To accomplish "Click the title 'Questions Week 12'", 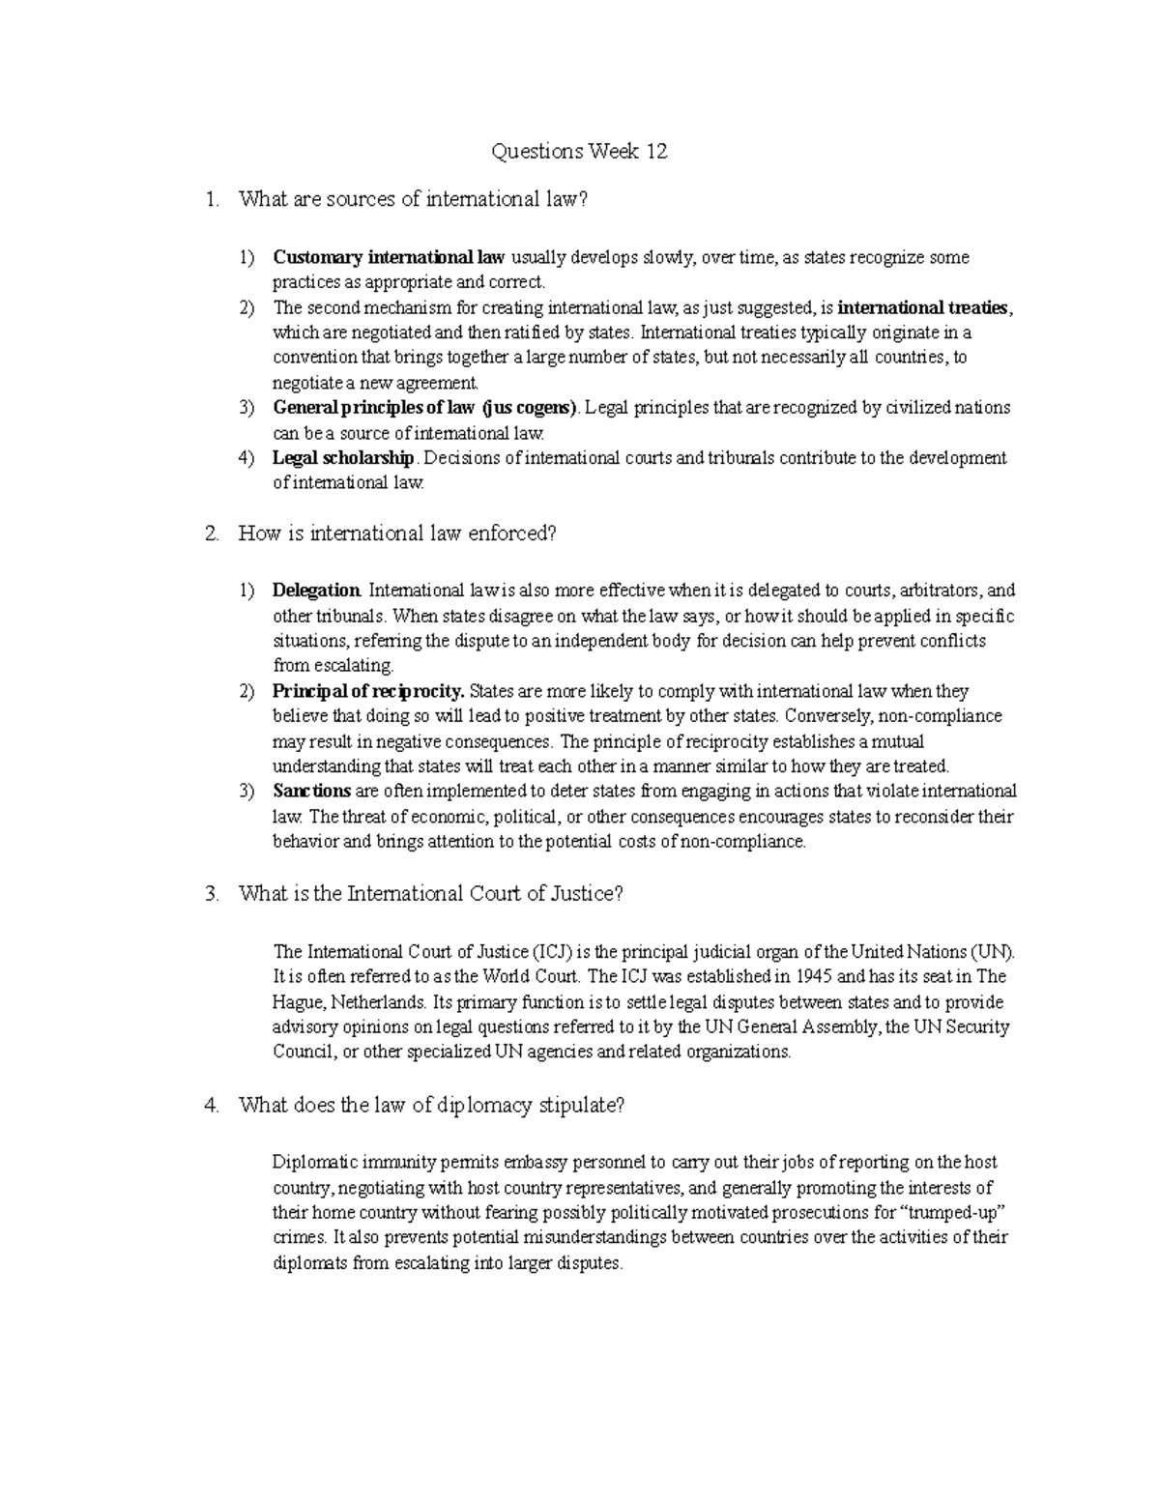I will coord(579,152).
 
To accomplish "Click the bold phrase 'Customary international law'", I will coord(389,258).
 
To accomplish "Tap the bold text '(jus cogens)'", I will coord(528,408).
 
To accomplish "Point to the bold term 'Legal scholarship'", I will coord(343,458).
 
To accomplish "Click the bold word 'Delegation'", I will coord(316,591).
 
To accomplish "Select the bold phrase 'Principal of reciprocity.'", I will coord(369,692).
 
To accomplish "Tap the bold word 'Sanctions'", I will coord(311,792).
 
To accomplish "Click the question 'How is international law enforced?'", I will coord(397,534).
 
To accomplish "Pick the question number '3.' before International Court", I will coord(213,894).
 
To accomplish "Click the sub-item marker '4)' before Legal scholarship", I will coord(246,458).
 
